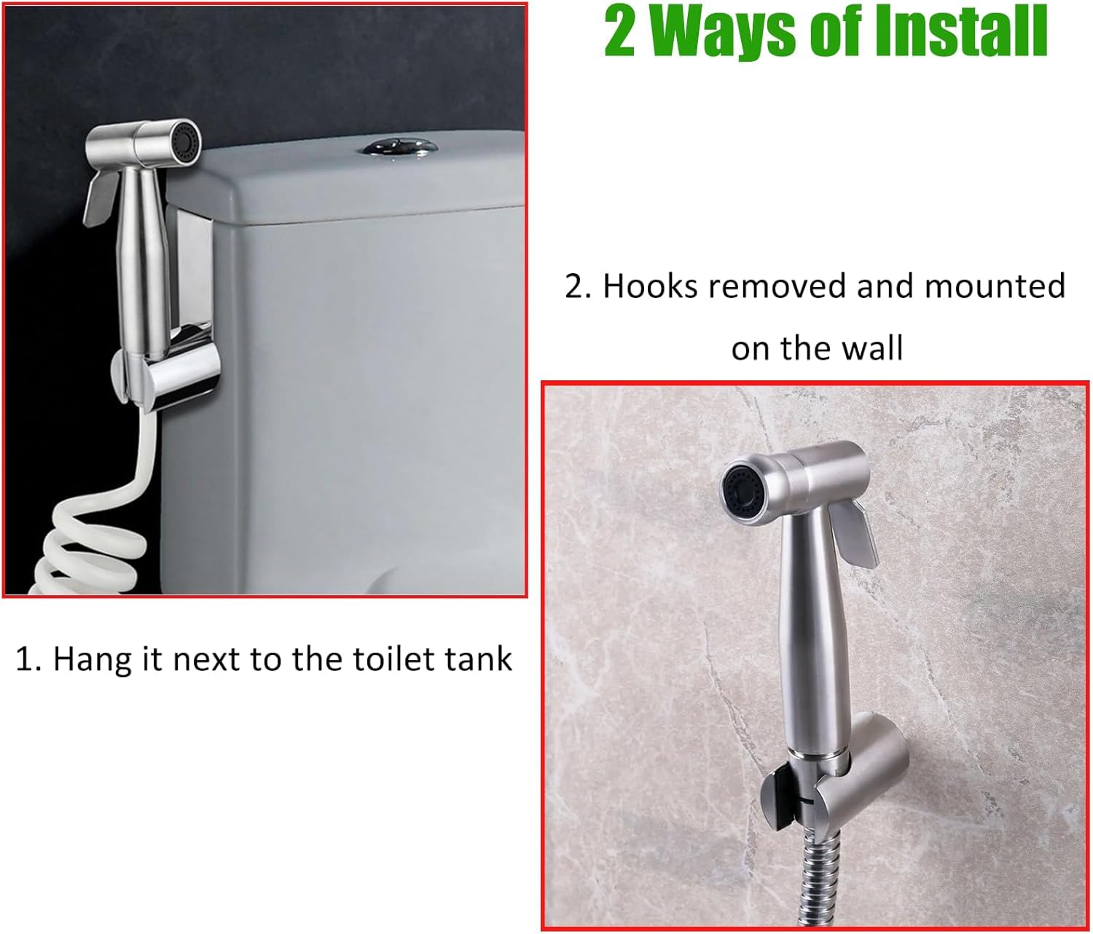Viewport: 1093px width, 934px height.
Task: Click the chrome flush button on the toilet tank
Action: (x=400, y=147)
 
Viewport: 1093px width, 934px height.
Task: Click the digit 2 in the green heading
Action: (x=619, y=33)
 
